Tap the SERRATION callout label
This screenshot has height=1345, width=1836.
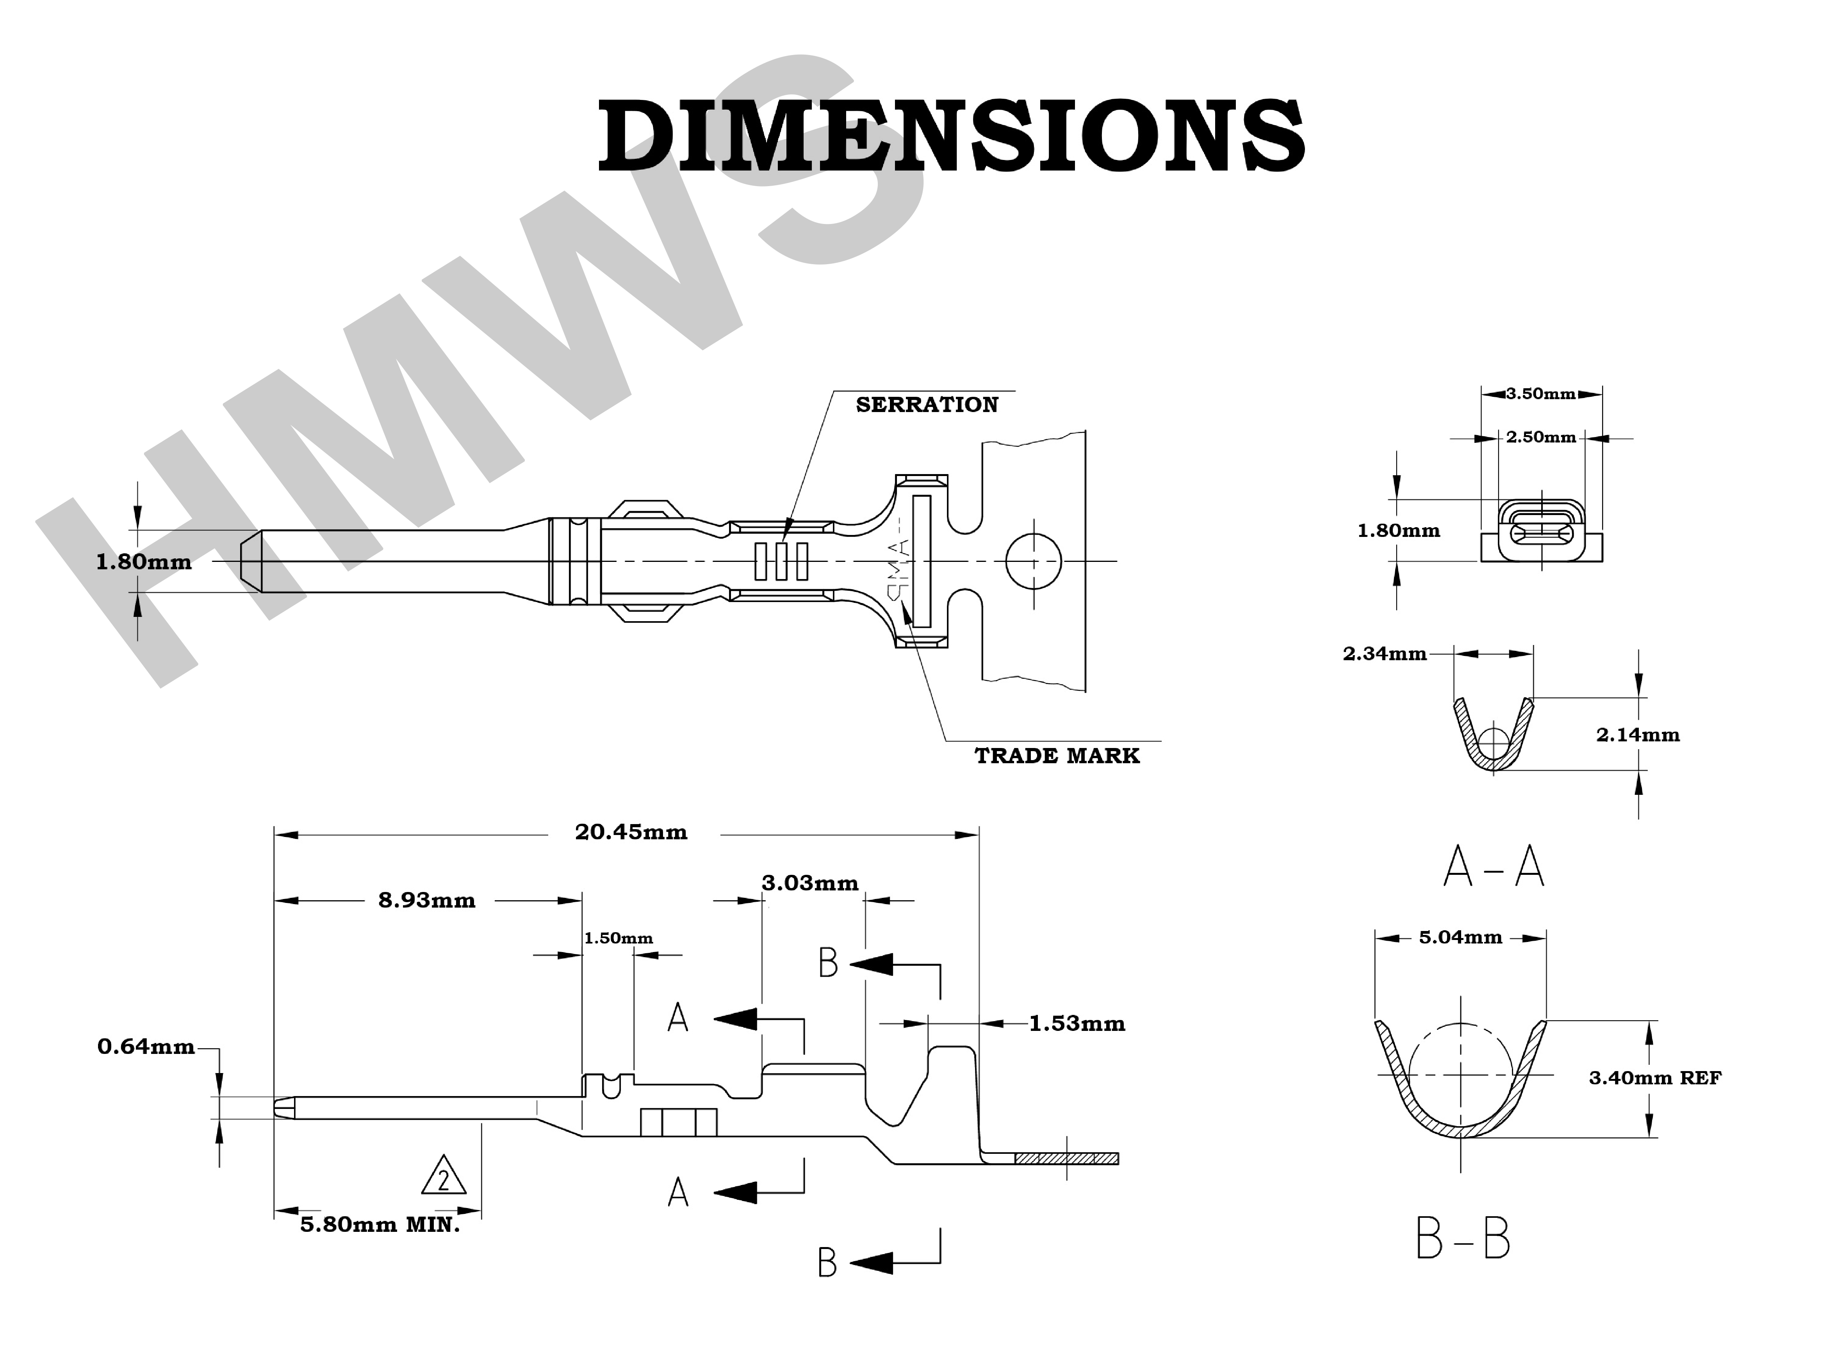pos(926,405)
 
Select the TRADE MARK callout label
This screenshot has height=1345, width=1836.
pos(1057,755)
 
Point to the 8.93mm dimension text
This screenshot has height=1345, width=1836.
pos(426,900)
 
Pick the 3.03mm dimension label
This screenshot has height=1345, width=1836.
pos(810,883)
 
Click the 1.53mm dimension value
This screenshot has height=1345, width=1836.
pos(1076,1023)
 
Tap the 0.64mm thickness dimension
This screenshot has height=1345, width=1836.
pos(146,1046)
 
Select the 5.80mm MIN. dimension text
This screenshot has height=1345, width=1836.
pos(380,1224)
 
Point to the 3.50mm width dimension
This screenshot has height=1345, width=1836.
pos(1540,394)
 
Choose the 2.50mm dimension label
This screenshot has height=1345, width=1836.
pos(1540,437)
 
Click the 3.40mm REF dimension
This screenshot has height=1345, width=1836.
pos(1654,1078)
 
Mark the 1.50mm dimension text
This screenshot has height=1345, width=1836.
pos(618,938)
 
